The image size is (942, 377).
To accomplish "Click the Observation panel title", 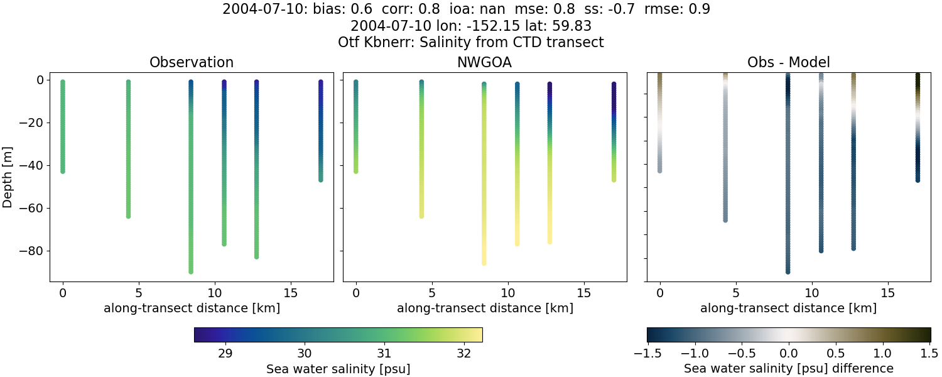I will pyautogui.click(x=191, y=62).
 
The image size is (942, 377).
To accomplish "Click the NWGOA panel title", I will pyautogui.click(x=484, y=62).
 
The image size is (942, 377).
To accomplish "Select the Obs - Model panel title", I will pyautogui.click(x=788, y=62).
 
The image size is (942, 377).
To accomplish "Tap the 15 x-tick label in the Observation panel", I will pyautogui.click(x=290, y=293).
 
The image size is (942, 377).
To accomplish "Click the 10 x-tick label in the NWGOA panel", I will pyautogui.click(x=507, y=293).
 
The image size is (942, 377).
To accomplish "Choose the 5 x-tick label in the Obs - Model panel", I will pyautogui.click(x=735, y=293).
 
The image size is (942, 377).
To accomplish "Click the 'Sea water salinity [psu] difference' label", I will pyautogui.click(x=788, y=368).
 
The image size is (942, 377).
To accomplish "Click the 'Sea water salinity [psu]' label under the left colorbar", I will pyautogui.click(x=338, y=368).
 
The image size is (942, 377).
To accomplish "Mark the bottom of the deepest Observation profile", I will pyautogui.click(x=191, y=271).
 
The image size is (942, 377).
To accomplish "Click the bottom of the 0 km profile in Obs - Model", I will pyautogui.click(x=659, y=170).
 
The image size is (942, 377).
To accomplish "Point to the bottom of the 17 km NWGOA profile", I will pyautogui.click(x=614, y=180).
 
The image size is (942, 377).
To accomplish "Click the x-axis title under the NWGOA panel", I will pyautogui.click(x=484, y=309).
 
